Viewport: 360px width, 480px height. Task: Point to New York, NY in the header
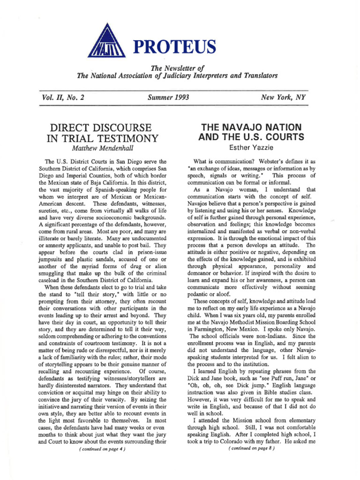coord(281,97)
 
